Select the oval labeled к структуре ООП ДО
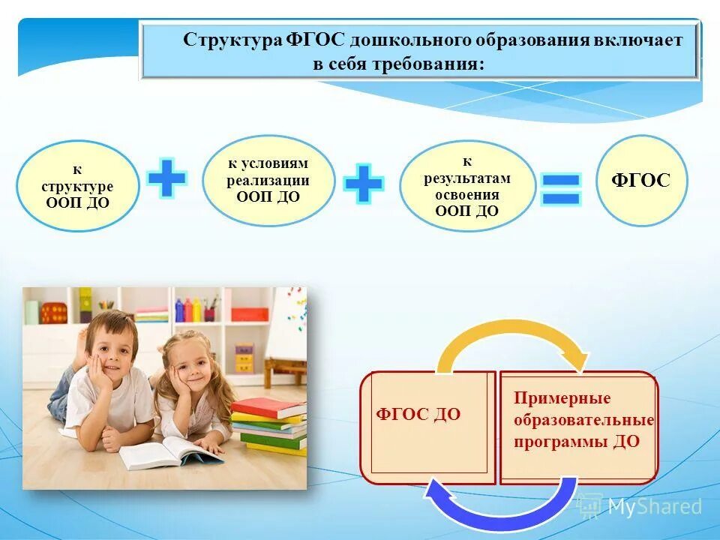coord(78,186)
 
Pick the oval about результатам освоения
coord(467,186)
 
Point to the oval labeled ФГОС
coord(641,181)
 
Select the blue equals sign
coord(561,189)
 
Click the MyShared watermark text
coord(654,508)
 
